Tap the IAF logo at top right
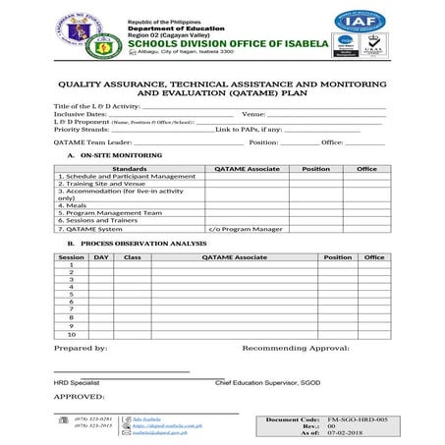pyautogui.click(x=360, y=23)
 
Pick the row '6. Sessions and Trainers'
pyautogui.click(x=99, y=220)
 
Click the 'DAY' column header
pyautogui.click(x=100, y=256)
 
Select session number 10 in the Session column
pyautogui.click(x=71, y=334)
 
